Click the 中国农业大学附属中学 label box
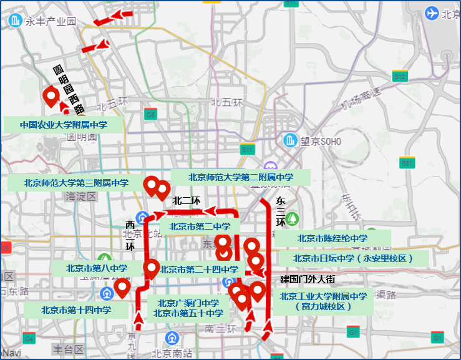pyautogui.click(x=63, y=124)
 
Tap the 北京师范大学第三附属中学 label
pyautogui.click(x=76, y=183)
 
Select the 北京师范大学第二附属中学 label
pyautogui.click(x=241, y=177)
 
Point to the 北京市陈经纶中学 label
pyautogui.click(x=332, y=238)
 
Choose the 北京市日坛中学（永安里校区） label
pyautogui.click(x=353, y=258)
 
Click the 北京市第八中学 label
pyautogui.click(x=97, y=268)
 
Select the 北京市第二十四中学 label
pyautogui.click(x=199, y=270)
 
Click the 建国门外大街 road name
pyautogui.click(x=308, y=278)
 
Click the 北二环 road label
pyautogui.click(x=186, y=201)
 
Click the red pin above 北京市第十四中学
pyautogui.click(x=123, y=288)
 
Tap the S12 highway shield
pyautogui.click(x=400, y=77)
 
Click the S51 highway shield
pyautogui.click(x=407, y=163)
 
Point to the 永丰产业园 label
pyautogui.click(x=50, y=21)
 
